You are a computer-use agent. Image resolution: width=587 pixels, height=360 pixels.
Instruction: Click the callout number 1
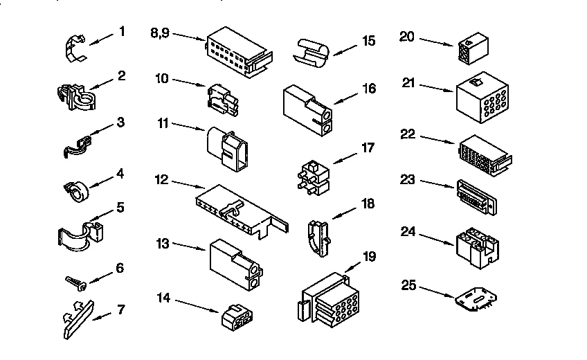(x=122, y=31)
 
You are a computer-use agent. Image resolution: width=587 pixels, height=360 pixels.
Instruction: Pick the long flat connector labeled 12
(x=239, y=209)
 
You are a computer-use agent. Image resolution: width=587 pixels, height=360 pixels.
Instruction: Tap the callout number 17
(x=368, y=147)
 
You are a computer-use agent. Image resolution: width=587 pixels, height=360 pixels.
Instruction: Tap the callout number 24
(x=408, y=231)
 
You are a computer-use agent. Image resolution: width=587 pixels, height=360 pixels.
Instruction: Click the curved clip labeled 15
(x=312, y=51)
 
